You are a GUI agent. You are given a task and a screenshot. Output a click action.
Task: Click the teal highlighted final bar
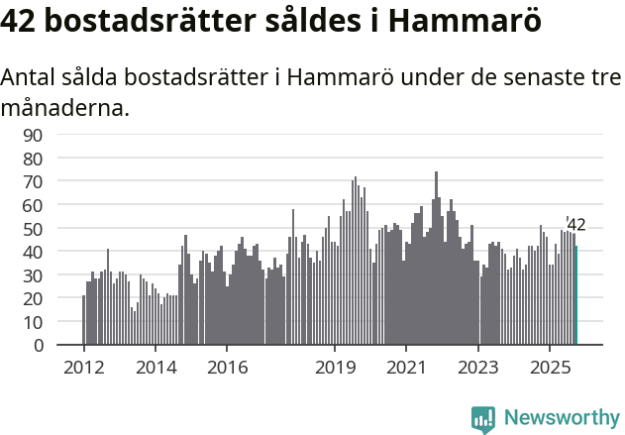pos(575,296)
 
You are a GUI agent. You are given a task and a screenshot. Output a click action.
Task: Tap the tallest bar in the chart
pos(436,259)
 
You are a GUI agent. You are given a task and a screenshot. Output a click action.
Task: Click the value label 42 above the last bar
pos(576,225)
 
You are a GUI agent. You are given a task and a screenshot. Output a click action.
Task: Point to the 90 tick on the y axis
pos(34,135)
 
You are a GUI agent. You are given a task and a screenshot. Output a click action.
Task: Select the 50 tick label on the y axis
pos(34,229)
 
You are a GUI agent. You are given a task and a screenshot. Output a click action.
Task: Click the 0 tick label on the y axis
pos(39,346)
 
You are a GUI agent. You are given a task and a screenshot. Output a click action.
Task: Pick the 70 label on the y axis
pos(34,181)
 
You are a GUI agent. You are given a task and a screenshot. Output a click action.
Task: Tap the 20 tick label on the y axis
pos(34,299)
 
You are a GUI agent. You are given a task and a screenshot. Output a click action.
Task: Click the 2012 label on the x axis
pos(83,368)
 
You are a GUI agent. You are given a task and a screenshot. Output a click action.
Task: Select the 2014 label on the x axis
pos(155,368)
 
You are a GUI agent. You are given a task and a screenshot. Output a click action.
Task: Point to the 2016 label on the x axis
pos(227,368)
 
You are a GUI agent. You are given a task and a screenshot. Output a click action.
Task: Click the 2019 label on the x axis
pos(334,368)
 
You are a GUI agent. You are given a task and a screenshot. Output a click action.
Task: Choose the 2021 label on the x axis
pos(406,368)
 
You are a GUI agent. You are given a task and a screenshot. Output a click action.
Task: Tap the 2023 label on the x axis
pos(478,368)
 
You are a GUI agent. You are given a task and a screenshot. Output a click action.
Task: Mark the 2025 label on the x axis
pos(550,368)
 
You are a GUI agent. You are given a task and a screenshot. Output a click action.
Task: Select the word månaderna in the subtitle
pos(64,108)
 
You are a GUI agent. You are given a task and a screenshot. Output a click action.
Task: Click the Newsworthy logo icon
pos(483,419)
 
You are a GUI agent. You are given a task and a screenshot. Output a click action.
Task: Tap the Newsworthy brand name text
pos(561,419)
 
